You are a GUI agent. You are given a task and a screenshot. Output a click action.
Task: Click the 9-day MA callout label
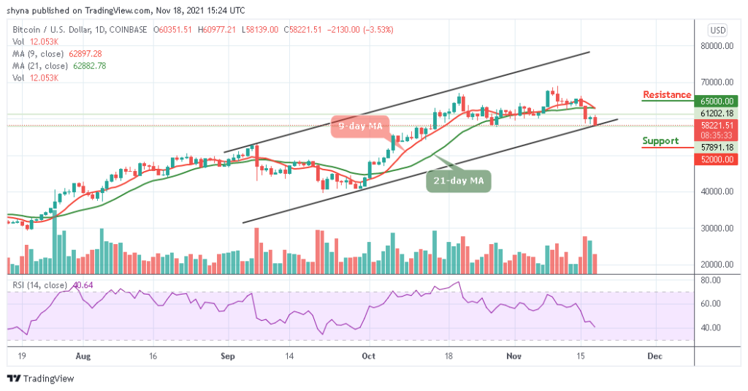click(359, 126)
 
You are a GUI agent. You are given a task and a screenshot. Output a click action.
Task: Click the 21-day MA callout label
click(458, 180)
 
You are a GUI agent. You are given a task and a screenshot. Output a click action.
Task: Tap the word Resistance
click(666, 95)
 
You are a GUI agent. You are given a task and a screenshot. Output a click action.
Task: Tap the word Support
click(660, 141)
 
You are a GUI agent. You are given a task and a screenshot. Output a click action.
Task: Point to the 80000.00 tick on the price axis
click(716, 45)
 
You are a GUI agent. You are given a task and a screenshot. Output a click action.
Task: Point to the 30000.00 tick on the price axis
click(716, 228)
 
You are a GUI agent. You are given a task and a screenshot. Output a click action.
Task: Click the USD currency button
click(717, 30)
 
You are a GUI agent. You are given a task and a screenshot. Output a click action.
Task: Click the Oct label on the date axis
click(368, 357)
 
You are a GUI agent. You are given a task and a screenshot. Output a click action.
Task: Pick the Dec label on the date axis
click(654, 357)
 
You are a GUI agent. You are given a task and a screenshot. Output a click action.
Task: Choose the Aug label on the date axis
click(83, 357)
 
